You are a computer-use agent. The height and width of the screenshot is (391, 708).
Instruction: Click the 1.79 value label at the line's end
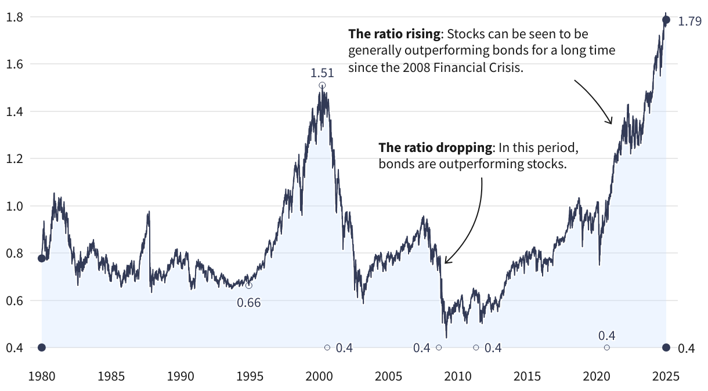click(690, 24)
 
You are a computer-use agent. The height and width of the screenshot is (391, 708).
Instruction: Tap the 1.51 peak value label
click(322, 73)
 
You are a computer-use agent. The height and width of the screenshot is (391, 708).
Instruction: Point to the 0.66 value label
click(249, 302)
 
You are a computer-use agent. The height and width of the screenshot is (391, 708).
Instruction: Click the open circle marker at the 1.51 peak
click(322, 85)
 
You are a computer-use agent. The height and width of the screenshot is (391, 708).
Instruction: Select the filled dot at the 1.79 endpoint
click(666, 20)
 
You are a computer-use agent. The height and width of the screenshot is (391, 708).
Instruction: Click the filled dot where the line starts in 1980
click(41, 258)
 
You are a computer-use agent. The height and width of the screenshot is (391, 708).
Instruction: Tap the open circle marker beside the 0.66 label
click(249, 285)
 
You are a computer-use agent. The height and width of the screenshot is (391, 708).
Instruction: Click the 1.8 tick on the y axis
click(14, 17)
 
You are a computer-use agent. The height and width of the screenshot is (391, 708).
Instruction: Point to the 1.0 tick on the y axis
click(14, 206)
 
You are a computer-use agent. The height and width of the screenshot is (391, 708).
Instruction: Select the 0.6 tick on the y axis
click(14, 301)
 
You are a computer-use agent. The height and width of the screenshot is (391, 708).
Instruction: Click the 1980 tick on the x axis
click(41, 375)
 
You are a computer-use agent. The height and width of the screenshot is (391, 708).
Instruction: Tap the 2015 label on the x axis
click(527, 375)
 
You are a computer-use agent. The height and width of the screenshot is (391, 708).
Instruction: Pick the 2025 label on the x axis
click(666, 375)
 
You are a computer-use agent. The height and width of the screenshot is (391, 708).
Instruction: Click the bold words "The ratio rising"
click(389, 34)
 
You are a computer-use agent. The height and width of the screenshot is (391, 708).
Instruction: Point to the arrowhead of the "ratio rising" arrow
click(611, 122)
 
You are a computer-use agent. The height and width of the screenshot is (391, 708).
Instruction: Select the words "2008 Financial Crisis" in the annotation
click(464, 67)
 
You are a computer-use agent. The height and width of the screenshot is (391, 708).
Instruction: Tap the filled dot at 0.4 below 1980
click(41, 347)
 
